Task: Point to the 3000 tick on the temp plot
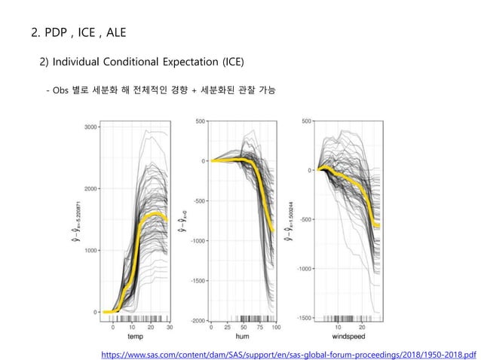90,127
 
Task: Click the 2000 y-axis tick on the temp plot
90,189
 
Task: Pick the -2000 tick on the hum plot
198,320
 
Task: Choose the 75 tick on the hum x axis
259,328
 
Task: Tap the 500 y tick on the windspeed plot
308,121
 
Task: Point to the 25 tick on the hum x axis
228,328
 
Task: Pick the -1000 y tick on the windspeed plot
305,269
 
